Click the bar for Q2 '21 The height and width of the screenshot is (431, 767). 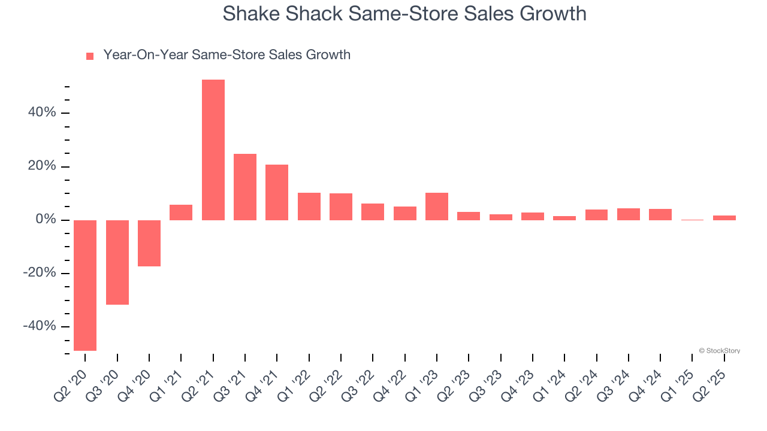pos(213,150)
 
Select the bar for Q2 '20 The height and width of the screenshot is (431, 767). pos(85,285)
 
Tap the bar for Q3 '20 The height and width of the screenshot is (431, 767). pos(117,262)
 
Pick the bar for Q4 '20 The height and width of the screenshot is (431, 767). pos(149,243)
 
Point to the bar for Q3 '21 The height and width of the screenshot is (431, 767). pos(245,187)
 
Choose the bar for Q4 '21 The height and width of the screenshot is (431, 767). pos(277,192)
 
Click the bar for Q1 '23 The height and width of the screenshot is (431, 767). pos(437,206)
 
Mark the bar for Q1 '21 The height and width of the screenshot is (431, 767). pos(181,213)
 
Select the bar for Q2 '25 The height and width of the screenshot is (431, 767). pos(724,218)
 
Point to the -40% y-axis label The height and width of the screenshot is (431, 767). pos(40,326)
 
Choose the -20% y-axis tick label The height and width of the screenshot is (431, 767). pos(40,273)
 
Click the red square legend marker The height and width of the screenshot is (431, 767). pos(90,56)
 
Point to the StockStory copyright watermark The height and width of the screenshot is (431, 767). pos(719,351)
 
